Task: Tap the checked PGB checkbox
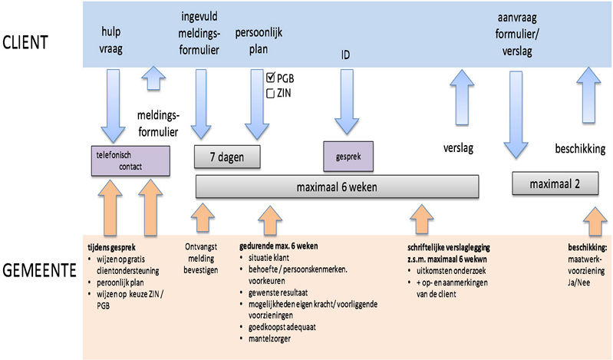[x=271, y=78]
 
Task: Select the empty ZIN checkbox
[x=271, y=93]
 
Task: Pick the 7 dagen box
[x=226, y=156]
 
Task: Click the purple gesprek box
[x=348, y=155]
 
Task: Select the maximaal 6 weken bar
[x=338, y=187]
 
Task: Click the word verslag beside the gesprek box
[x=460, y=147]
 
